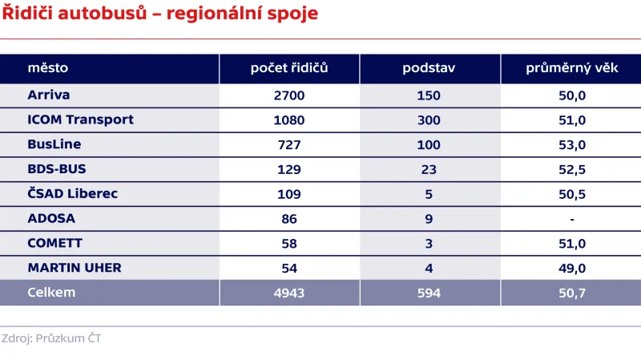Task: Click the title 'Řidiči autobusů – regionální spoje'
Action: pos(159,14)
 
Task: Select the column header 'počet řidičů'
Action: pos(289,68)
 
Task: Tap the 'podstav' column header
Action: pos(429,68)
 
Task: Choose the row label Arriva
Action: pos(49,95)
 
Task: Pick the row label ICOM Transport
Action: pos(80,119)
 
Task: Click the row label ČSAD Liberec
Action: pos(73,193)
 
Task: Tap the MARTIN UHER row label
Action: pos(75,267)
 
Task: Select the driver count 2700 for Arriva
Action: pos(289,95)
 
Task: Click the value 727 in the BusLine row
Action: pos(289,144)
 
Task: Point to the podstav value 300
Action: pos(429,120)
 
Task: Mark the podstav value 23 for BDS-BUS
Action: pos(429,169)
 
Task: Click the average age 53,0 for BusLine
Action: pos(573,144)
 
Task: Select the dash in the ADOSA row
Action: pos(573,218)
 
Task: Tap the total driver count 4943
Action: pos(289,293)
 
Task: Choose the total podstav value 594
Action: pos(429,293)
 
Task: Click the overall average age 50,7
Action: pos(573,293)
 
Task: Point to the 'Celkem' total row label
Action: pos(51,292)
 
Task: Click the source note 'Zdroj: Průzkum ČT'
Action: pos(51,338)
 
